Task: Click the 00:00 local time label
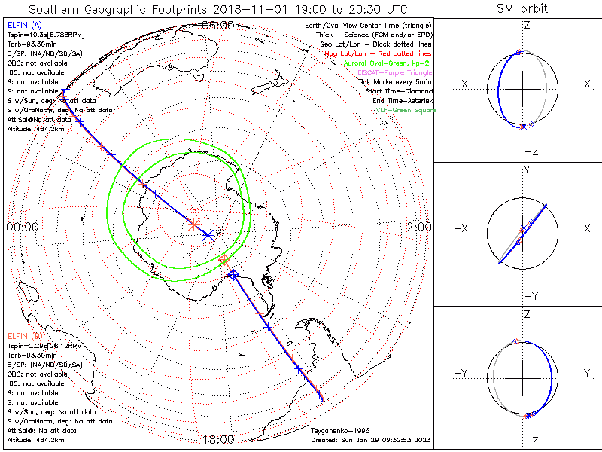point(22,227)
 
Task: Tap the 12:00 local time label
point(415,227)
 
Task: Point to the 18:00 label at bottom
point(219,439)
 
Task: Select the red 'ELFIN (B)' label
point(25,335)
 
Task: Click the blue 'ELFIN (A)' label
point(25,26)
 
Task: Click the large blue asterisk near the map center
point(208,234)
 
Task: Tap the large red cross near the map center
point(193,224)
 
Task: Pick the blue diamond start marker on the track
point(233,276)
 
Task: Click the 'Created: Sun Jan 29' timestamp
point(370,439)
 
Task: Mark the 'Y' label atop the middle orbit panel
point(527,170)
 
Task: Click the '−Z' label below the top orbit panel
point(531,151)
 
